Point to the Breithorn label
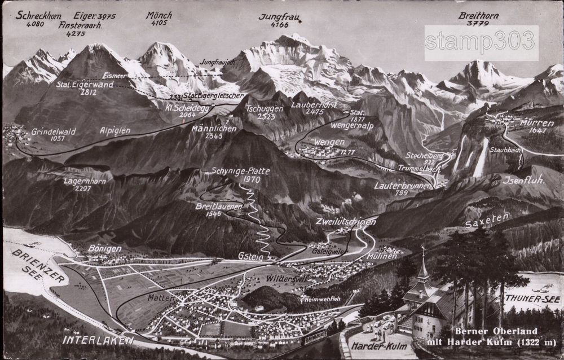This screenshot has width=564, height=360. tap(479, 16)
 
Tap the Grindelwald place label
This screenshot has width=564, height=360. tap(54, 131)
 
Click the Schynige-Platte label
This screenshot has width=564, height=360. tap(241, 171)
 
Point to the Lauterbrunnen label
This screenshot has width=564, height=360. tap(402, 185)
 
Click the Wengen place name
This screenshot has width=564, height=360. tap(330, 142)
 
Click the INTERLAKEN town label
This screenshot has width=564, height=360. tap(98, 340)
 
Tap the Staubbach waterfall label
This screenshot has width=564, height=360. tap(505, 150)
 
